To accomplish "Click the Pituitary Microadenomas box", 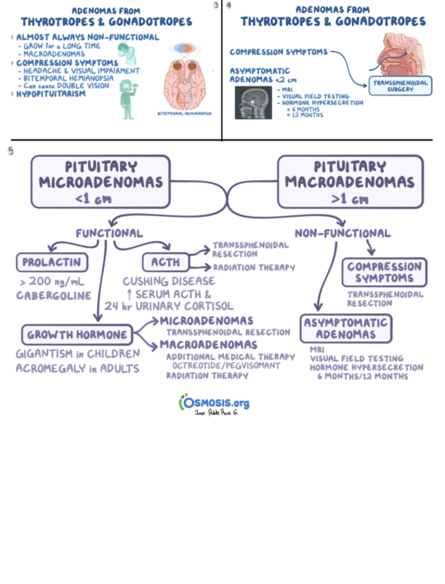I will pos(101,181).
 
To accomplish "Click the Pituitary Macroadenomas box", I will pos(350,181).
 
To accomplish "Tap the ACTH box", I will pos(165,262).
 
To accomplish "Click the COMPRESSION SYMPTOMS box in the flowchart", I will pos(384,273).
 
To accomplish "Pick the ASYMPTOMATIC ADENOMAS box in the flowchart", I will pos(345,328).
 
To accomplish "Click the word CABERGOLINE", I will pos(54,296).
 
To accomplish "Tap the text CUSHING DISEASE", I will pos(169,281).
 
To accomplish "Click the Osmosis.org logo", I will pos(214,404).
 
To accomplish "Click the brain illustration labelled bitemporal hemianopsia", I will pos(185,77).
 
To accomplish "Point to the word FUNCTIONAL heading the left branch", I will pos(110,233).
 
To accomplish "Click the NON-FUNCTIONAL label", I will pos(342,233).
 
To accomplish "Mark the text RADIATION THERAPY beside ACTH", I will pos(253,268).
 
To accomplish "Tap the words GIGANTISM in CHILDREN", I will pos(77,354).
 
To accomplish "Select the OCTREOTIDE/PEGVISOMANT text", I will pos(226,366).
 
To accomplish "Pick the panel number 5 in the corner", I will pos(10,150).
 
